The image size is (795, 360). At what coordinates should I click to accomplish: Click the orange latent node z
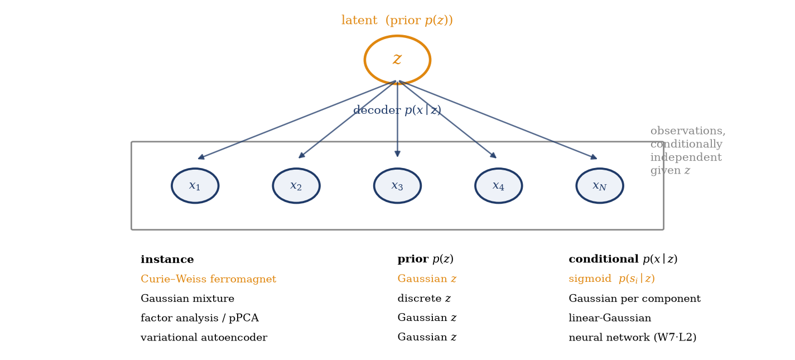coord(397,60)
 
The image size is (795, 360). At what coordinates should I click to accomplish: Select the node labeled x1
coord(195,186)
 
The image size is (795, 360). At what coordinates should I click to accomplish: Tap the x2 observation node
coord(296,186)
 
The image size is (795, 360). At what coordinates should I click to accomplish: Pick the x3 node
coord(397,186)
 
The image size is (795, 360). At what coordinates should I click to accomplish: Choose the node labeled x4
coord(498,186)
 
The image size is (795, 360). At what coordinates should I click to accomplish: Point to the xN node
coord(599,186)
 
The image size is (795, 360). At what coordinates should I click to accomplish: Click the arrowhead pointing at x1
coord(201,157)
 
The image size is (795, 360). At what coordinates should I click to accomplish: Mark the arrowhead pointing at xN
coord(594,157)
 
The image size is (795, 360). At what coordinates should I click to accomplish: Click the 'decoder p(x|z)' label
coord(397,110)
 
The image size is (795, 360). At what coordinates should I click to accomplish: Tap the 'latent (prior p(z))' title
coord(397,20)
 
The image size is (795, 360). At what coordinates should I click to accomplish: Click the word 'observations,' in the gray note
coord(688,131)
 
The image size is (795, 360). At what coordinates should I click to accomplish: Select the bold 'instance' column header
coord(167,259)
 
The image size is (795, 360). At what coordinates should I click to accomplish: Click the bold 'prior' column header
coord(413,259)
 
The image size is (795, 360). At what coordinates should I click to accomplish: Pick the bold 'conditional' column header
coord(604,259)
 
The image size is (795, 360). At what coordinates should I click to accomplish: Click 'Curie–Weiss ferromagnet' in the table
coord(208,279)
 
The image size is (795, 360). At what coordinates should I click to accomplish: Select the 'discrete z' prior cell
coord(424,298)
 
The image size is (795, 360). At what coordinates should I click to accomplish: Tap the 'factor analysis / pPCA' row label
coord(200,318)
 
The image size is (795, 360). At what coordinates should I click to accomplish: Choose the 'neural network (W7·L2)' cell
coord(633,337)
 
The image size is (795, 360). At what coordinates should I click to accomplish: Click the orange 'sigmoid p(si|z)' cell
coord(611,279)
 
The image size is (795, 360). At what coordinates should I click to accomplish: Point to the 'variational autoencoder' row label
coord(204,337)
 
